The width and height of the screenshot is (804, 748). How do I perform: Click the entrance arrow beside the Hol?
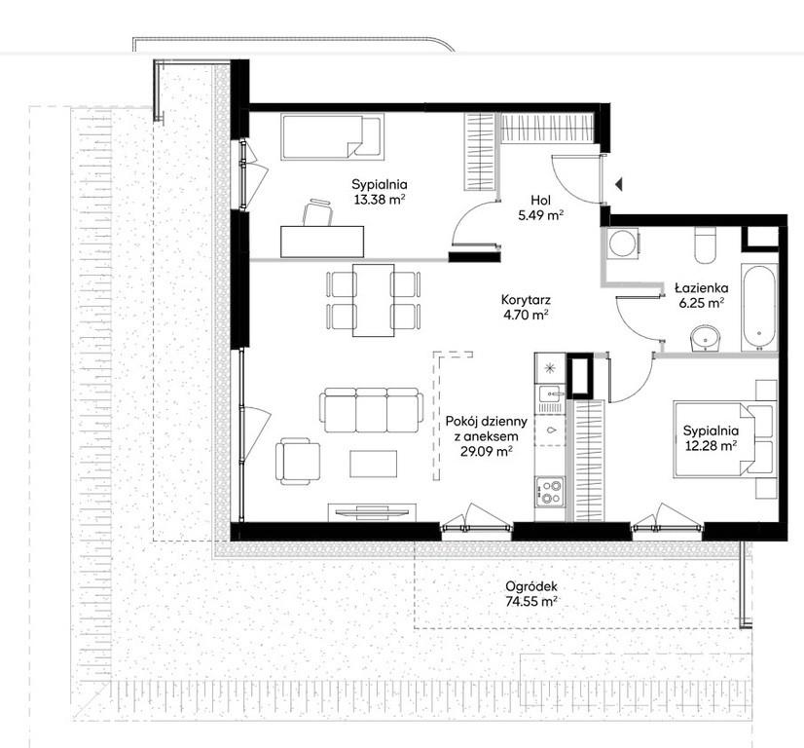(619, 184)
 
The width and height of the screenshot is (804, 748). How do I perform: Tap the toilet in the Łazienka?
(705, 244)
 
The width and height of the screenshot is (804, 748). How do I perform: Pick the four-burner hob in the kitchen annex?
(550, 491)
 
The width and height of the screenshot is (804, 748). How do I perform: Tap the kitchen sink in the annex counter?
(550, 394)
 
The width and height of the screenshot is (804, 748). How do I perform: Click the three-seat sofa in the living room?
(372, 410)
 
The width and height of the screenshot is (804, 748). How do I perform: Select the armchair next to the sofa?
(298, 461)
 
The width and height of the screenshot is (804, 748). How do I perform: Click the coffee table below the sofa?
(374, 464)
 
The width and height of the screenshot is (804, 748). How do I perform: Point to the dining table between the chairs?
(374, 300)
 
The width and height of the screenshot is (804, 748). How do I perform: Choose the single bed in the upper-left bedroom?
(332, 136)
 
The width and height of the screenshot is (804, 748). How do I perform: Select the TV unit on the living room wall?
(372, 511)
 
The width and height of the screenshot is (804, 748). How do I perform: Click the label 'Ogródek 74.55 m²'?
(531, 593)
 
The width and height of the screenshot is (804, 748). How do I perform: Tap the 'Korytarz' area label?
(526, 299)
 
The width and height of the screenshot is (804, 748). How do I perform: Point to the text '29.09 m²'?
(487, 452)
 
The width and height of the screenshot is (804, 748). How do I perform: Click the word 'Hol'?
(541, 200)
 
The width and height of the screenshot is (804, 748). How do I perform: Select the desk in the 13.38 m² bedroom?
(322, 242)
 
